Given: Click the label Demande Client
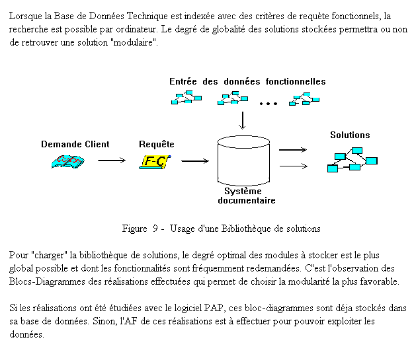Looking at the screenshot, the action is pos(75,144).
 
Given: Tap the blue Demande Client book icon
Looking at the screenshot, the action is pos(68,162).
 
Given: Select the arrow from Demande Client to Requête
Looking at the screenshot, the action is pos(112,160).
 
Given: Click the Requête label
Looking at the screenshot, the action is pos(157,145).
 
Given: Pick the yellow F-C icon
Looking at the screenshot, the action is pos(155,162).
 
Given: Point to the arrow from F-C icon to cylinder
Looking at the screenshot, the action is pos(195,161).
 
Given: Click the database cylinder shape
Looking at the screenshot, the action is pos(243,161).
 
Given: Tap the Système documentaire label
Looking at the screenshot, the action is pos(247,196).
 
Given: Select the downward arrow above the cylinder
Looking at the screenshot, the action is pos(242,120).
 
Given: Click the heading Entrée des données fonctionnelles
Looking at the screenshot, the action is pos(247,81).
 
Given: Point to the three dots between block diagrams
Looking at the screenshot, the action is pos(269,104).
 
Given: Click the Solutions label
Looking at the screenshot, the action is pos(350,135).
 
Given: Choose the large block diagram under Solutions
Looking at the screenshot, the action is pos(352,160).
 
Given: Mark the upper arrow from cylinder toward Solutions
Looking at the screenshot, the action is pos(293,150).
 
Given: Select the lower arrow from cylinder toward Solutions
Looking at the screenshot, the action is pos(294,166).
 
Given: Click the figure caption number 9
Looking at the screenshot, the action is pos(155,229).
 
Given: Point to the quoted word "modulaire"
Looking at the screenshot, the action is pos(134,42).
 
